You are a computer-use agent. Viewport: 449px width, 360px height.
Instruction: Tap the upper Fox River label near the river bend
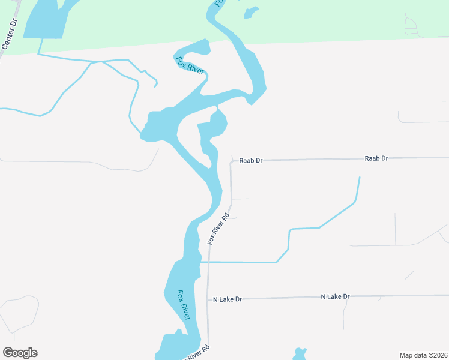coord(190,65)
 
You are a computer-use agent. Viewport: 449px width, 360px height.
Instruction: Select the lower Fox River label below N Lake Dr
coord(184,305)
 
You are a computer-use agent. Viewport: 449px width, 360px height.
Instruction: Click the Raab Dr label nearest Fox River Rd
coord(251,161)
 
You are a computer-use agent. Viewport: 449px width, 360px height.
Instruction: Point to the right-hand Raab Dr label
coord(376,158)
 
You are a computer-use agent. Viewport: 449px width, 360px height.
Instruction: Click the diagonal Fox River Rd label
coord(219,229)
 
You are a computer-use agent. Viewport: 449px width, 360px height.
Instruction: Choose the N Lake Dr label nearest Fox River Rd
coord(228,299)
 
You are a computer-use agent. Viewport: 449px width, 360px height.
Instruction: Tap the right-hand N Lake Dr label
coord(335,296)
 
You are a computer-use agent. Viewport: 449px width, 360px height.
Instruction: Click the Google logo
coord(20,353)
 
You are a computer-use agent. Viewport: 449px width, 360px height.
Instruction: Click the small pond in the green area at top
coord(250,12)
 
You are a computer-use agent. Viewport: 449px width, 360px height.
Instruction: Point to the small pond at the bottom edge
coord(299,354)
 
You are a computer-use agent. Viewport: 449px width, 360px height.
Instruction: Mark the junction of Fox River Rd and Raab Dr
coord(231,161)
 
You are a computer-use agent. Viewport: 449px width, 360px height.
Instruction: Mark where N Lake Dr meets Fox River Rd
coord(208,299)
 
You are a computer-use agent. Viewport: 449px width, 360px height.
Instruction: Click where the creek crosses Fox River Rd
coord(208,262)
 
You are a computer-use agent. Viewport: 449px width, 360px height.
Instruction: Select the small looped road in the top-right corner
coord(411,26)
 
